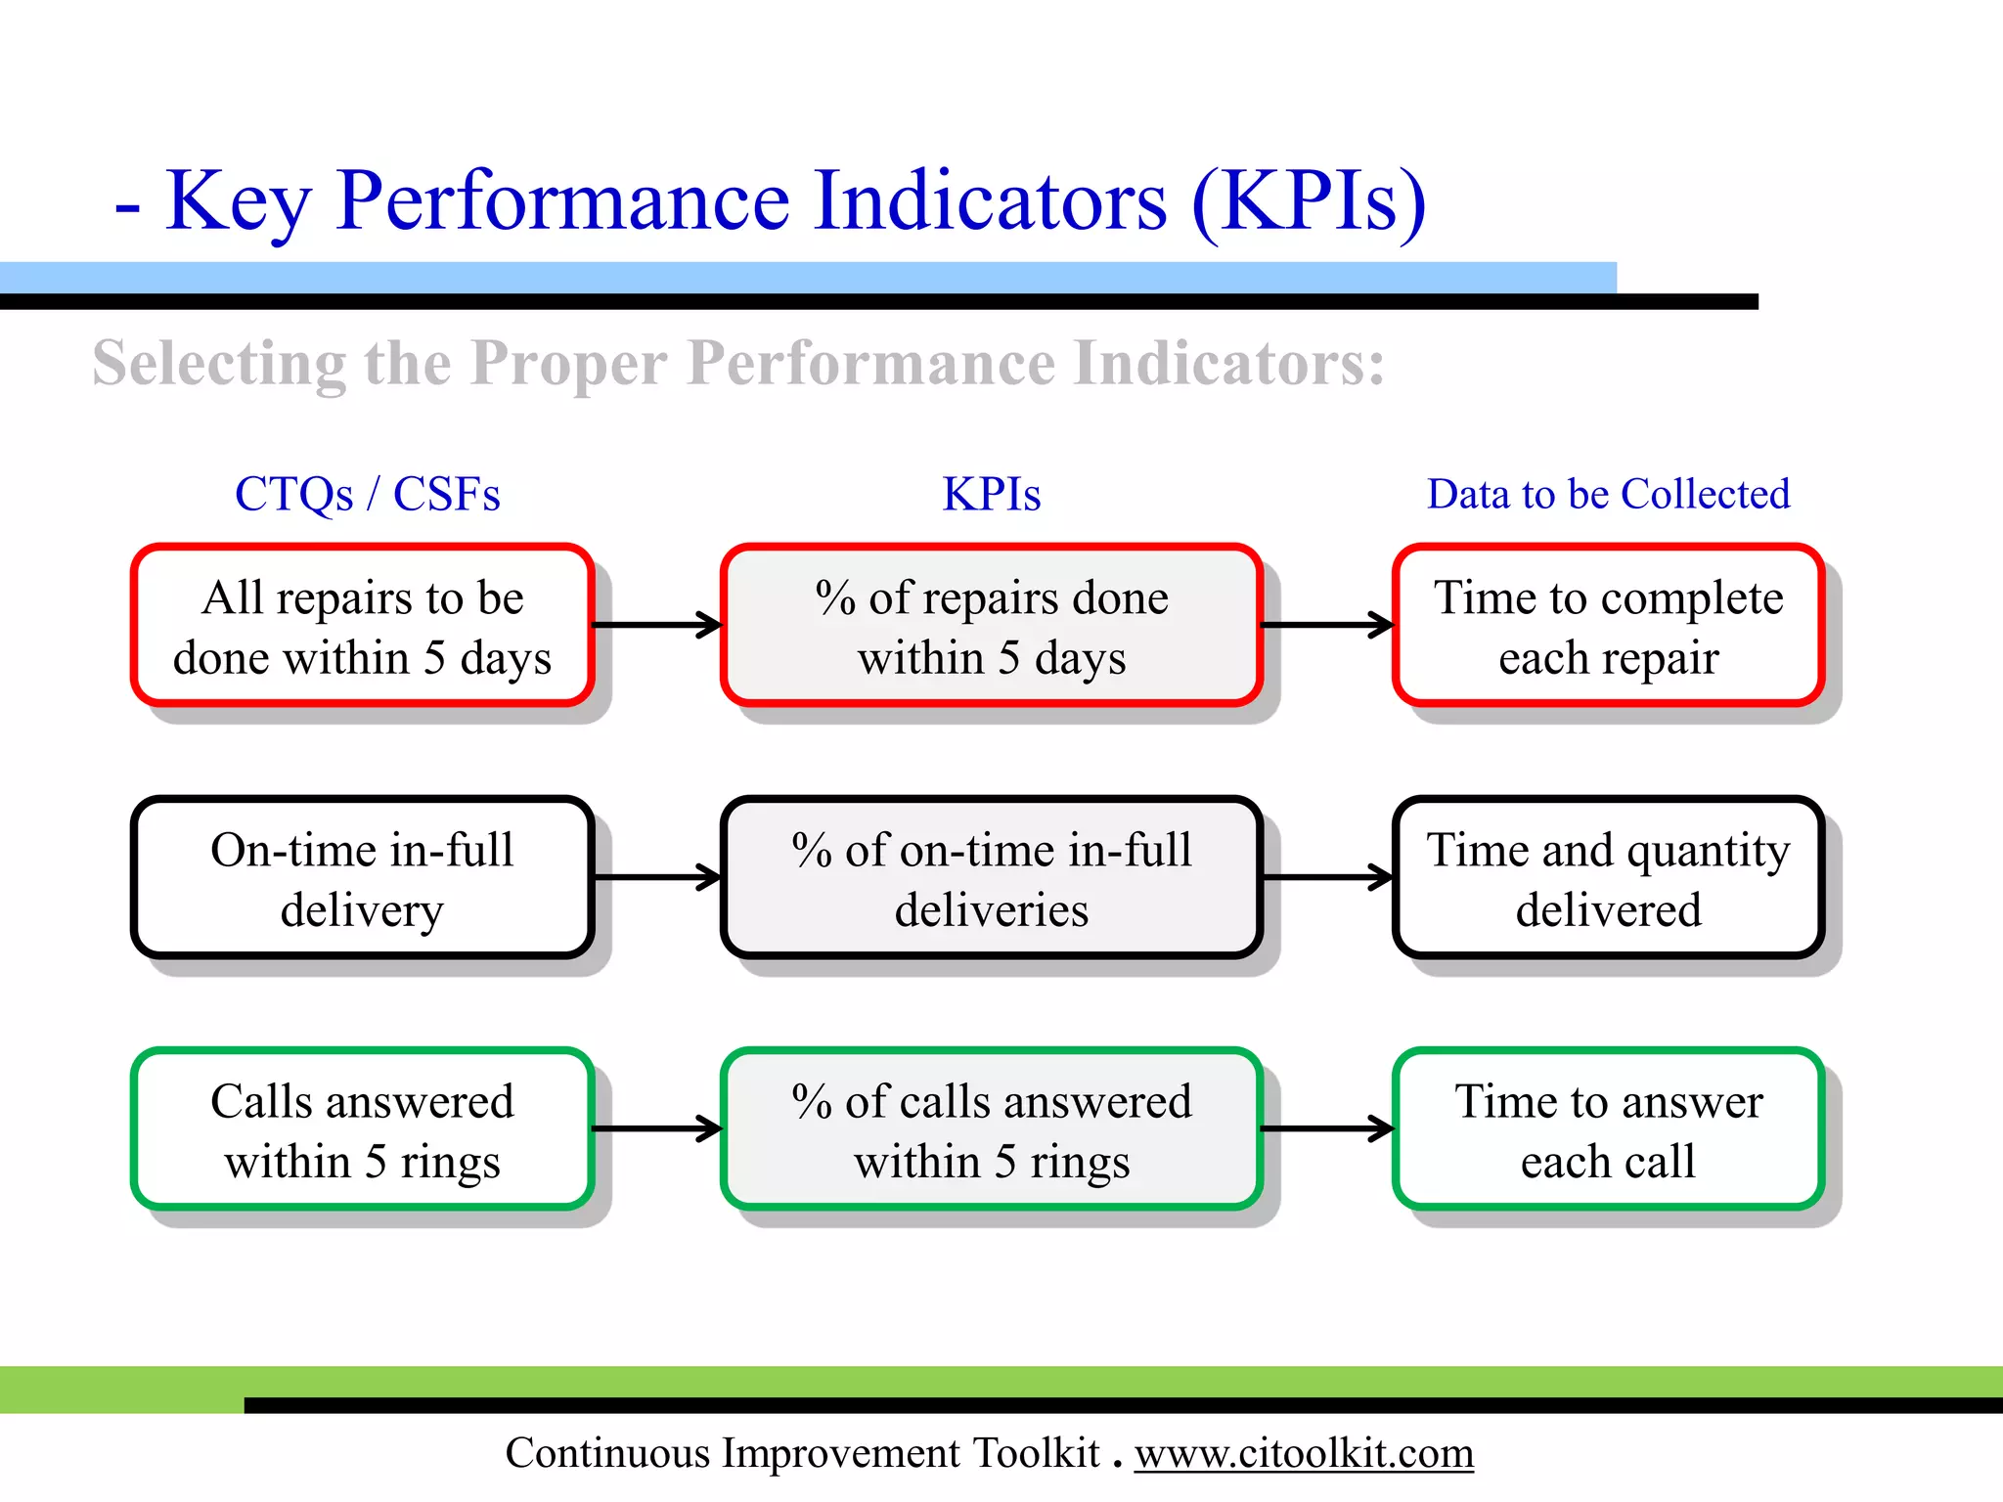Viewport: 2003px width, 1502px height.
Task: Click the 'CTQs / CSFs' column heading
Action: (x=367, y=494)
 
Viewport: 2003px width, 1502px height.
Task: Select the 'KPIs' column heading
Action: (x=991, y=494)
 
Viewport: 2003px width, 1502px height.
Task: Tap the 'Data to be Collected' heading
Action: (x=1608, y=494)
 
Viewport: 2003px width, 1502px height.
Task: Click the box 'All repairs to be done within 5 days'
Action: (x=362, y=626)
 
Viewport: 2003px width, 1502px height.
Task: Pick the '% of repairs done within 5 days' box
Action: (x=991, y=626)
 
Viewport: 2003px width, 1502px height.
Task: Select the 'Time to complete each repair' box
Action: (x=1608, y=626)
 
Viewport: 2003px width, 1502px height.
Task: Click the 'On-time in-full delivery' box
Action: (x=362, y=878)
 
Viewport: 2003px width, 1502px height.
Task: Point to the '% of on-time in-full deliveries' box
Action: (x=991, y=878)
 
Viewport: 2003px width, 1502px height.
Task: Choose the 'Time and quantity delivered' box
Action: (x=1608, y=878)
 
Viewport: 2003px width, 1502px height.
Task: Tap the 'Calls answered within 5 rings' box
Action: (x=362, y=1129)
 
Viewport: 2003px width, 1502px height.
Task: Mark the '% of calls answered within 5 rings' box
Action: (x=991, y=1129)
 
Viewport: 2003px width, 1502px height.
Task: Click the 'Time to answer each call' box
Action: (x=1608, y=1129)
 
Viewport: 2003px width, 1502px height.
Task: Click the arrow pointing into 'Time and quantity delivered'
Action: (x=1327, y=877)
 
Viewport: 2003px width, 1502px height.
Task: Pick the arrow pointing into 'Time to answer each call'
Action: (x=1327, y=1129)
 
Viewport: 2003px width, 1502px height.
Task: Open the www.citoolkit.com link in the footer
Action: (x=1304, y=1454)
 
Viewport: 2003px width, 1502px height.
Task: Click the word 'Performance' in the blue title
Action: (x=561, y=200)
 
